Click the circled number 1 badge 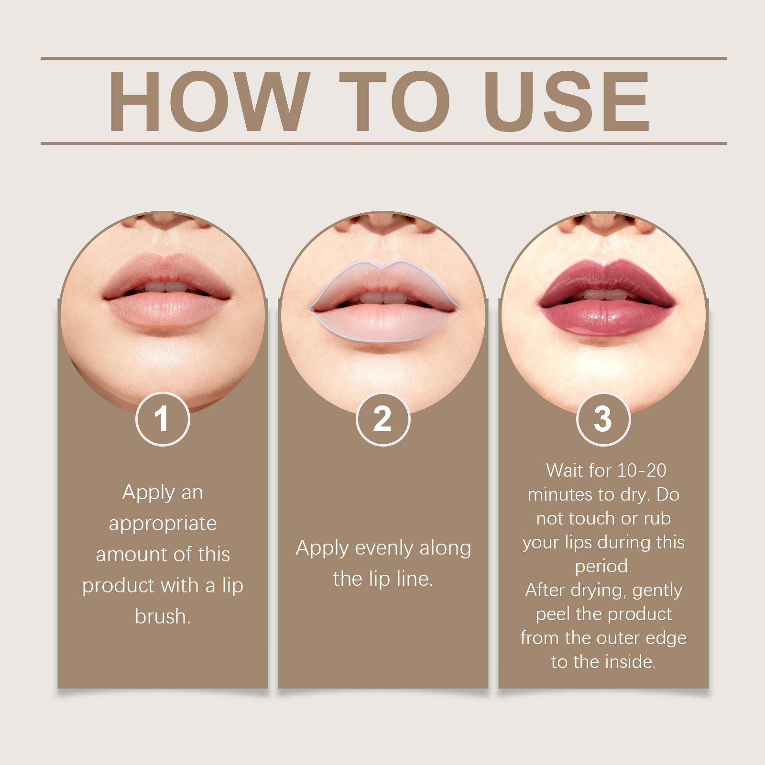point(163,419)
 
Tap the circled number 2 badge point(382,419)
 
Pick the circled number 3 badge point(603,419)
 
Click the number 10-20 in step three point(642,470)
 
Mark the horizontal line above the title point(383,58)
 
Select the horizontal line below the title point(383,143)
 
